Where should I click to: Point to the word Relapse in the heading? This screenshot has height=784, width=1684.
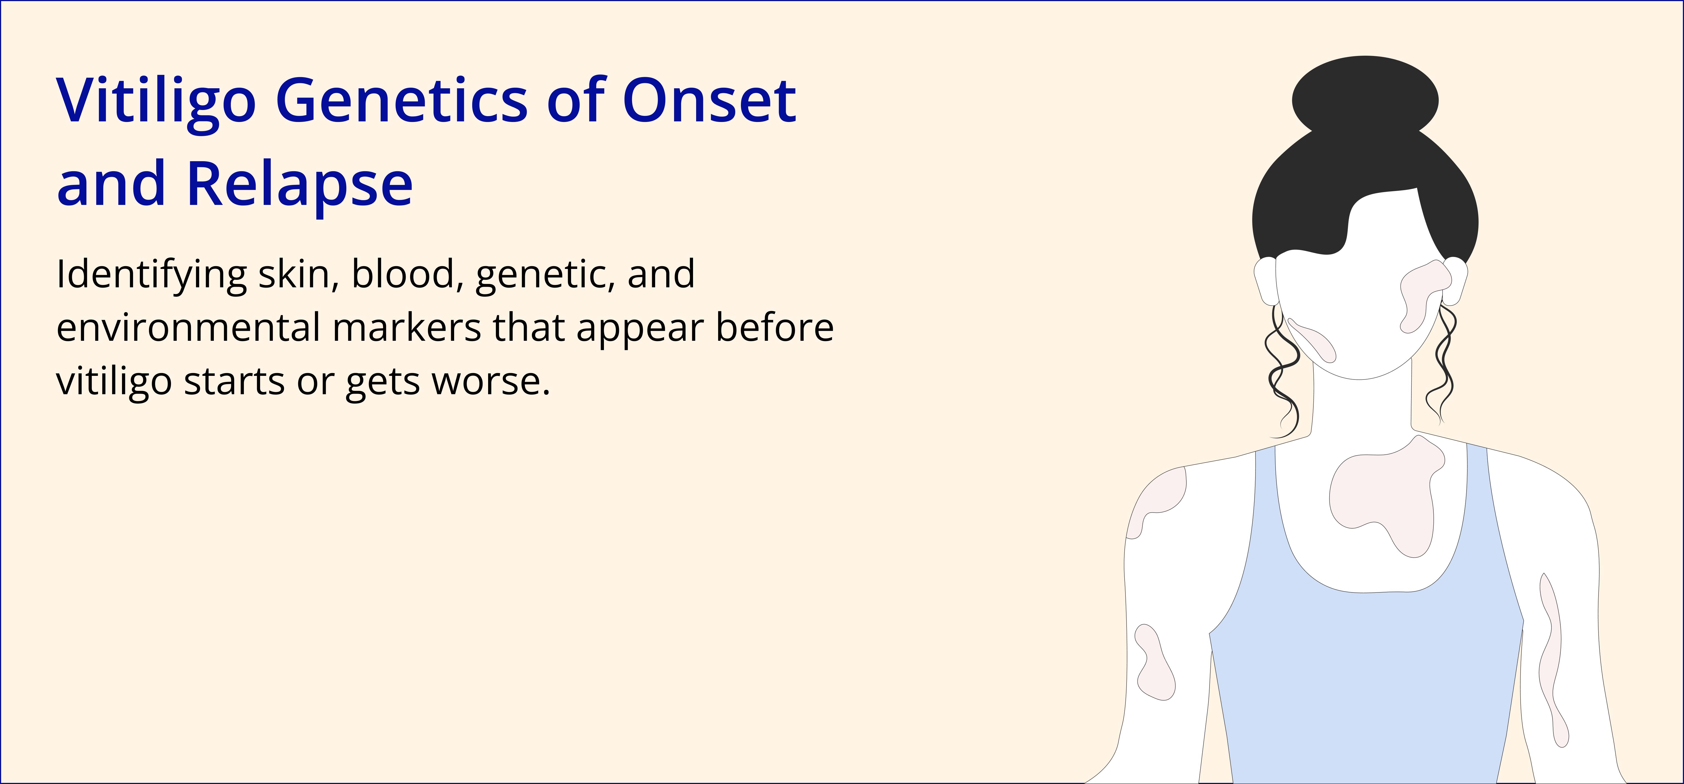tap(299, 184)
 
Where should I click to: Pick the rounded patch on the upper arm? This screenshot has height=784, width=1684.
tap(1154, 662)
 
